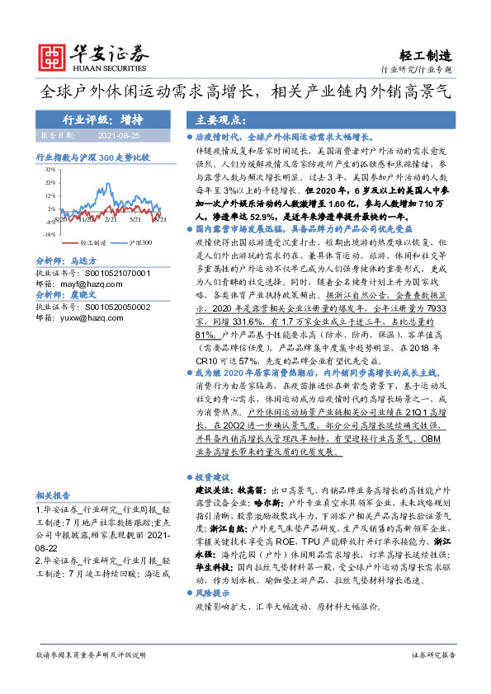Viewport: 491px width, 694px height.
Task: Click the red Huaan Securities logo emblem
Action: point(53,57)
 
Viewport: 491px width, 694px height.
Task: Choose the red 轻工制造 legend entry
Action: point(89,243)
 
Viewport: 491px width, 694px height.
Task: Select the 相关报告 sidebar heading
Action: point(54,495)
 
